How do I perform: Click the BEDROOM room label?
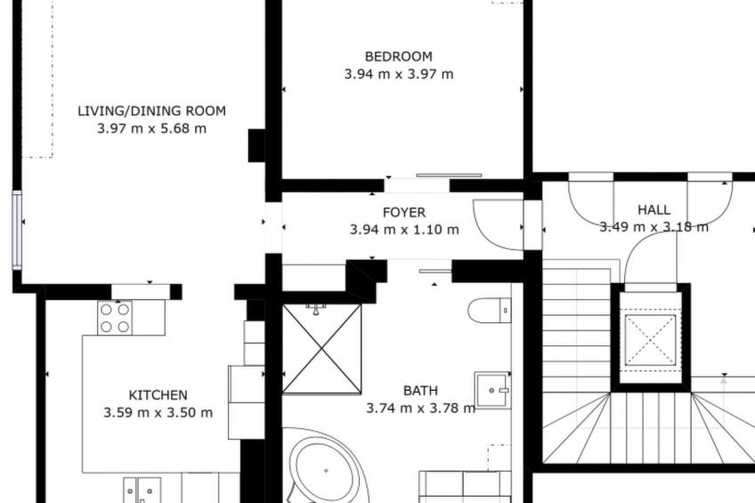(398, 56)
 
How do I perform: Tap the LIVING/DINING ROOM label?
(151, 110)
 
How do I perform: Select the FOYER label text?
(404, 212)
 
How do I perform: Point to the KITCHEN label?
(158, 395)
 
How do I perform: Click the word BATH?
(420, 390)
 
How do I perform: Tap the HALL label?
(654, 210)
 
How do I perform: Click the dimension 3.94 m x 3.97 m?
(399, 74)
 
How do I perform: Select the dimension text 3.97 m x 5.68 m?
(151, 128)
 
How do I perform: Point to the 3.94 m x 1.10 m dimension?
(404, 230)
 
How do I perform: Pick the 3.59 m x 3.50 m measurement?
(158, 412)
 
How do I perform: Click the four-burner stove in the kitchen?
(115, 318)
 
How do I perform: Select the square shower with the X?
(321, 348)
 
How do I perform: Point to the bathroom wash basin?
(492, 389)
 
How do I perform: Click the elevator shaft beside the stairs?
(651, 339)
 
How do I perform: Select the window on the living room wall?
(17, 230)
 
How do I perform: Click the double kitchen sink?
(142, 490)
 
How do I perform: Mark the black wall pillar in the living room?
(256, 145)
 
